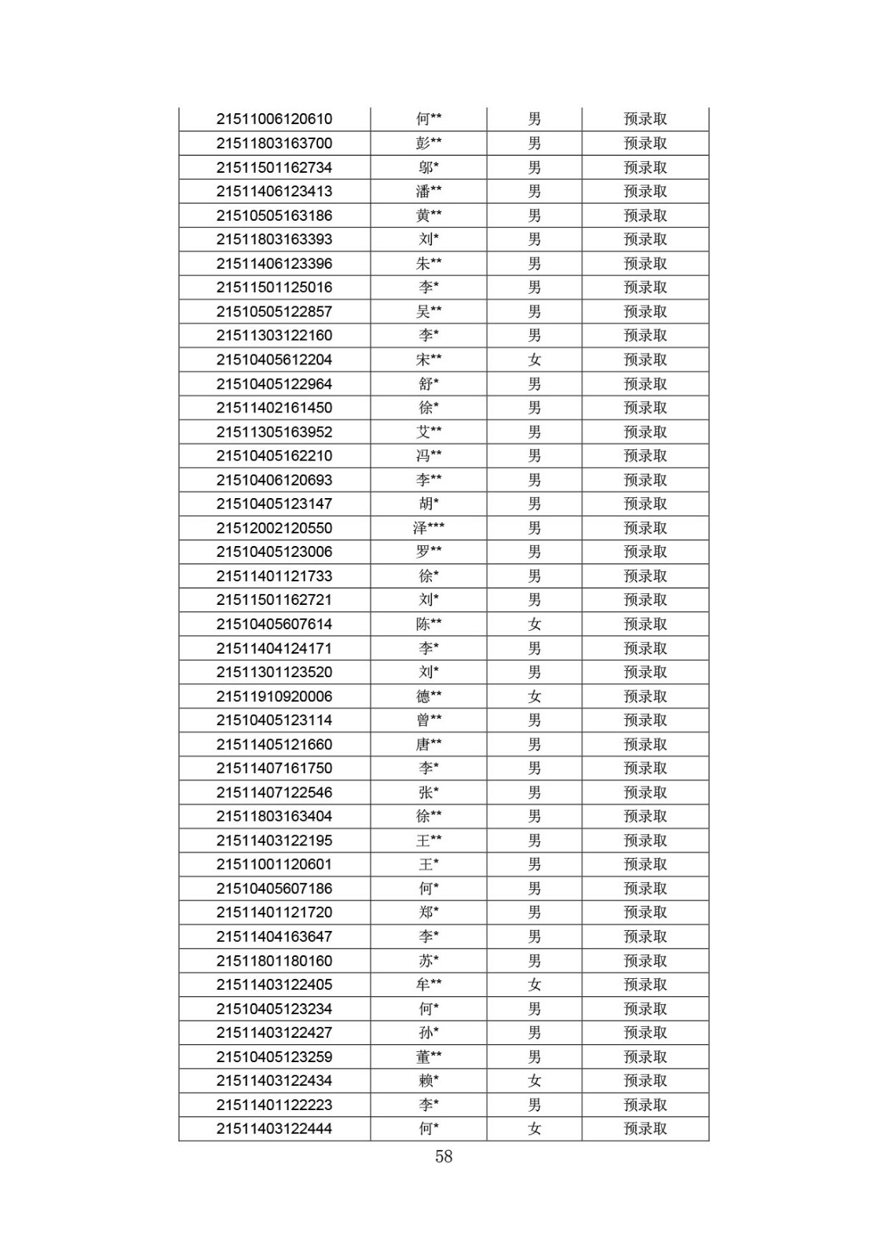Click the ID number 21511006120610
[x=274, y=119]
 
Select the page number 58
[x=444, y=1156]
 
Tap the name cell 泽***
[x=429, y=528]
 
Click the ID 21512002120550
[x=274, y=528]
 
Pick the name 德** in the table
[x=429, y=696]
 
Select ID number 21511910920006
[x=274, y=696]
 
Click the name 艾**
[x=429, y=432]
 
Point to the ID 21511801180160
[x=274, y=961]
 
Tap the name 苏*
[x=429, y=961]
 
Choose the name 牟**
[x=429, y=984]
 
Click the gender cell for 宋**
[x=535, y=360]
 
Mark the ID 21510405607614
[x=274, y=624]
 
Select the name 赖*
[x=429, y=1081]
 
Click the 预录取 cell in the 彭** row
[x=645, y=143]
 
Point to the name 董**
[x=429, y=1057]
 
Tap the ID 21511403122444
[x=274, y=1129]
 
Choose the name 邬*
[x=429, y=167]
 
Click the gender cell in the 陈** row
[x=535, y=624]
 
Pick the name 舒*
[x=429, y=384]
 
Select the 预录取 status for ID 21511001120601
[x=645, y=864]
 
